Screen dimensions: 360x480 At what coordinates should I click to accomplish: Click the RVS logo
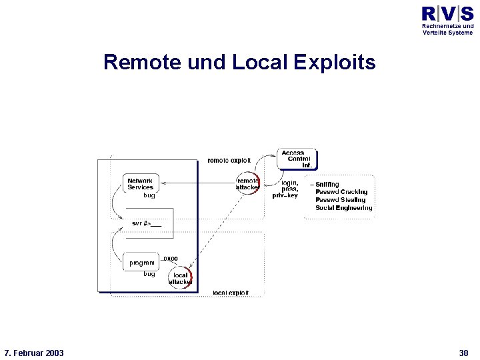(x=447, y=14)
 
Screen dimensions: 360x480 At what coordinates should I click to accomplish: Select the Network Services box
(x=141, y=183)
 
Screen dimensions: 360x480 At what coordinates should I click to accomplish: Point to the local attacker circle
(x=181, y=278)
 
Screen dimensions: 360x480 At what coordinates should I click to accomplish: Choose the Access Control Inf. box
(x=297, y=159)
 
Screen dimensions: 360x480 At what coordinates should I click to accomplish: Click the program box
(x=141, y=262)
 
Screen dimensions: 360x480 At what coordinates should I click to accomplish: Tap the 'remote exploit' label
(x=229, y=160)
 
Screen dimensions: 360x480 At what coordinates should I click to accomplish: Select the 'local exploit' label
(x=231, y=292)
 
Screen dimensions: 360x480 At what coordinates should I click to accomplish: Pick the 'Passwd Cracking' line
(x=341, y=192)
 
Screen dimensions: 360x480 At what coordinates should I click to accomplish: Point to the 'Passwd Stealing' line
(x=340, y=200)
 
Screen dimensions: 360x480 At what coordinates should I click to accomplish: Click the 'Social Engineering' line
(x=343, y=208)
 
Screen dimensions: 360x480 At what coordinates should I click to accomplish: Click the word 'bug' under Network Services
(x=149, y=195)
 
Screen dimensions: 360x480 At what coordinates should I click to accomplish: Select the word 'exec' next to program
(x=171, y=258)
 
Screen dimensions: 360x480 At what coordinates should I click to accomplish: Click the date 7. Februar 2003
(x=34, y=352)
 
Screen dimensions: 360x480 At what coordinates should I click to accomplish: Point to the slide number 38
(x=463, y=352)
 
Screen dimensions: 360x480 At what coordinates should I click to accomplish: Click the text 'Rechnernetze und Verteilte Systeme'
(x=447, y=29)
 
